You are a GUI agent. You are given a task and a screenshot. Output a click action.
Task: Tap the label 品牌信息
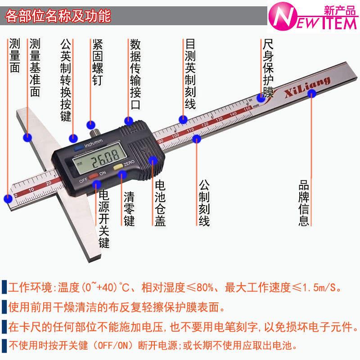coord(304,203)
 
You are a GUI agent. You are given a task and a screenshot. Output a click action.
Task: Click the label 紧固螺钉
coord(98,63)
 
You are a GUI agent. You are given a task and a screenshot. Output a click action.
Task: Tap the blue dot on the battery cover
coord(153,159)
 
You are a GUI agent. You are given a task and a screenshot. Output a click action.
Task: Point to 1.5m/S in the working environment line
coord(320,287)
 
